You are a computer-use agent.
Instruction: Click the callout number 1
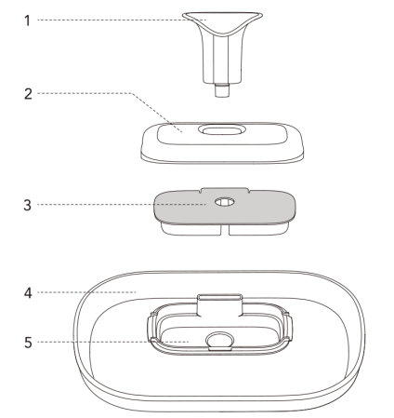(x=28, y=20)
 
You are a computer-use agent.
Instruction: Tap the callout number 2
(x=28, y=94)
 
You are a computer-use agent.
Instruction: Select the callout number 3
(x=28, y=205)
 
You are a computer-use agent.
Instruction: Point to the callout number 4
(x=28, y=293)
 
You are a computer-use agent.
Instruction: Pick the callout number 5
(x=28, y=343)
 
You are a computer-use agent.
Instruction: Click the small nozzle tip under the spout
(x=222, y=90)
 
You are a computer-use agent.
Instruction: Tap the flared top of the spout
(x=222, y=23)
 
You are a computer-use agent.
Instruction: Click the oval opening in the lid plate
(x=222, y=129)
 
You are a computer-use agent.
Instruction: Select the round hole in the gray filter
(x=225, y=202)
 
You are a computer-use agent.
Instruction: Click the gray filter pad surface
(x=186, y=208)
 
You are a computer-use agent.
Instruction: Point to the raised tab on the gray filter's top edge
(x=225, y=190)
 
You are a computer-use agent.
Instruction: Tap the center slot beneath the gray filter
(x=225, y=230)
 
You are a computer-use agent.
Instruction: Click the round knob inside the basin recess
(x=220, y=340)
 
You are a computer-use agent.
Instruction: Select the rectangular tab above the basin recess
(x=219, y=305)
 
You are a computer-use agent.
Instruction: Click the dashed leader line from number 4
(x=86, y=292)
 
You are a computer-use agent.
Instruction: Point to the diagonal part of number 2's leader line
(x=156, y=113)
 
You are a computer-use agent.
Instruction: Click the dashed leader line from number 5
(x=113, y=342)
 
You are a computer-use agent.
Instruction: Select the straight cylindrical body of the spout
(x=221, y=59)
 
